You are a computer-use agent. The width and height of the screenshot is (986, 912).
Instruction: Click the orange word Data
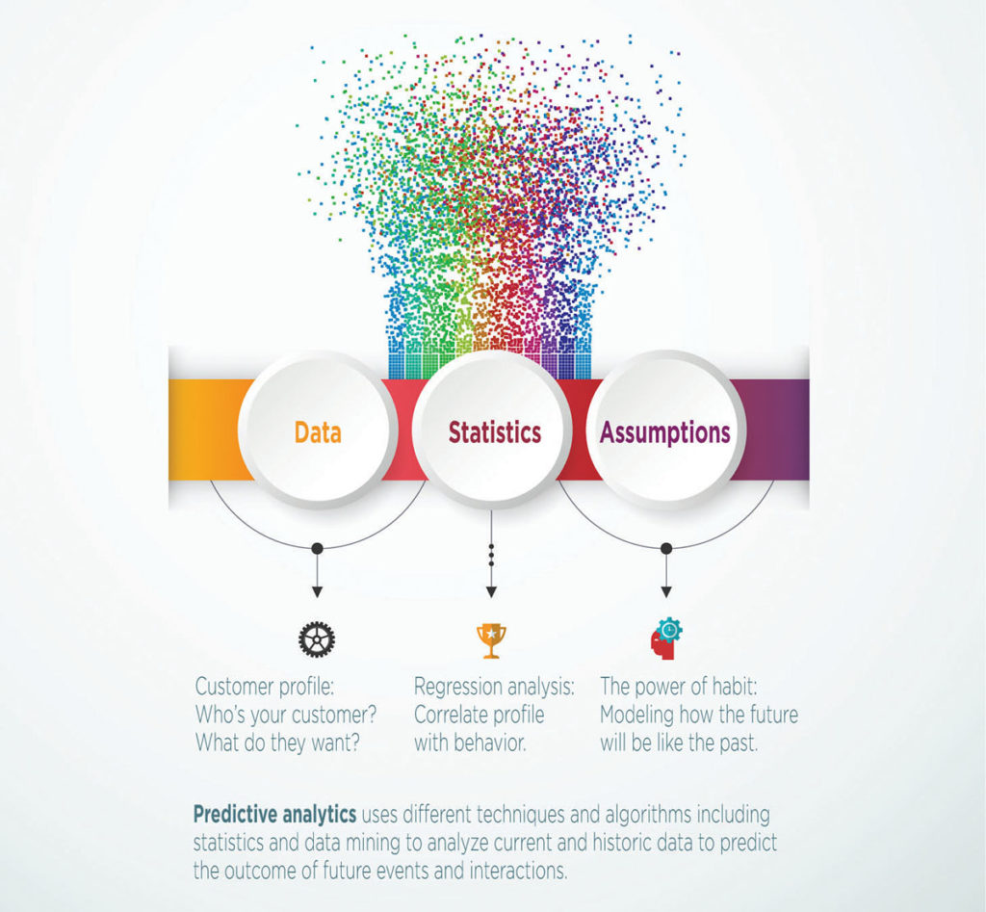click(318, 432)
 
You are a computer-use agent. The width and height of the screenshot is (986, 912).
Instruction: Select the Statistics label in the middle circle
click(495, 432)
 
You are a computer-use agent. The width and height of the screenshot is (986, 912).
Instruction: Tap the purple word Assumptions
click(665, 432)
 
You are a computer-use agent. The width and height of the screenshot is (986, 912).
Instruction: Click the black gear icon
click(317, 639)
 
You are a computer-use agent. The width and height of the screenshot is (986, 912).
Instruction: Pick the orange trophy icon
click(491, 641)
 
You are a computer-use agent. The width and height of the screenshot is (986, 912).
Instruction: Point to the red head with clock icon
click(666, 638)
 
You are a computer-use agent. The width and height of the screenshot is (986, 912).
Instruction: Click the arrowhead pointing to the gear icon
click(317, 592)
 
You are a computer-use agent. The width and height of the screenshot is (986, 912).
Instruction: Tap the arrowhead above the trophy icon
click(492, 592)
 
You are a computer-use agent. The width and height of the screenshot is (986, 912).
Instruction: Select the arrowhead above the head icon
click(666, 592)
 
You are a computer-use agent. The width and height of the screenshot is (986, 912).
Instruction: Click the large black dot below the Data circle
click(317, 549)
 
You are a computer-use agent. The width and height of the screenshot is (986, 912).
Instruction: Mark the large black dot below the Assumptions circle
click(666, 549)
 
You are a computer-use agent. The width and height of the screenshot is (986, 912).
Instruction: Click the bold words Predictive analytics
click(274, 815)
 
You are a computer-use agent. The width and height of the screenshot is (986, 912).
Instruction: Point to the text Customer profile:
click(264, 687)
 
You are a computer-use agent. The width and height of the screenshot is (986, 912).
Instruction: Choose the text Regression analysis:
click(494, 687)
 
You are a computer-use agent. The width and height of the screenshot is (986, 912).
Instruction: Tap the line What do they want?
click(277, 743)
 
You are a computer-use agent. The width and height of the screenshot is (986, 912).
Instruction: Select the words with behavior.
click(470, 743)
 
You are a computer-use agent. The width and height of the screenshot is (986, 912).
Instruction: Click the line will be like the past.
click(679, 743)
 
